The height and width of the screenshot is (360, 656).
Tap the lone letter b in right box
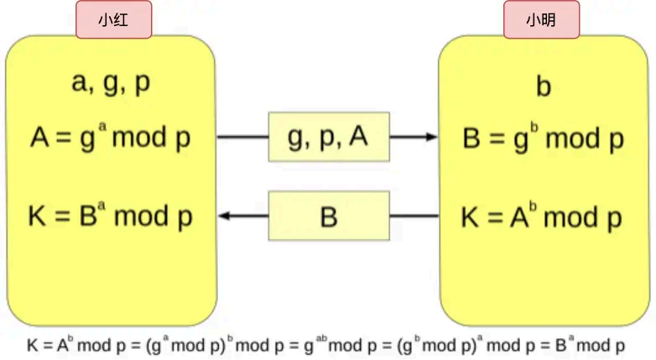(x=544, y=86)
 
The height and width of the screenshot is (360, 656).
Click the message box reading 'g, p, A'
(x=329, y=137)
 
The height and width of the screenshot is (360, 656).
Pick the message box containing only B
(x=329, y=217)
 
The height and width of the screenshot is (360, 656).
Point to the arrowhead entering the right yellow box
(x=431, y=137)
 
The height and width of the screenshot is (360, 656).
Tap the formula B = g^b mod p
(x=544, y=137)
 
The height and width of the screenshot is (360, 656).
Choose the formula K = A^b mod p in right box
(x=542, y=217)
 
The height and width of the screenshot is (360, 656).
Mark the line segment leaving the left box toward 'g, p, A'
(x=242, y=137)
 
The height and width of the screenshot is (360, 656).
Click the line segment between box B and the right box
(x=414, y=217)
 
